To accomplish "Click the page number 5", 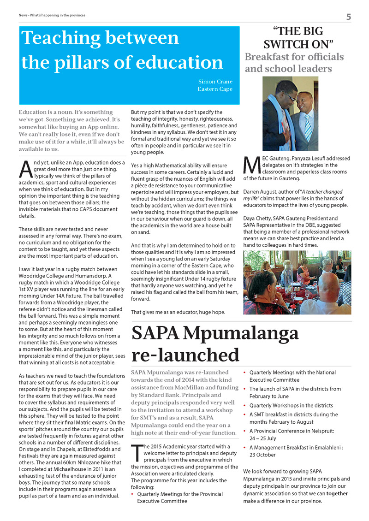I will tap(349, 17).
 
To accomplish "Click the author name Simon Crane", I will tap(215, 81).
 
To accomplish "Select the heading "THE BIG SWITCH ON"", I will tap(298, 38).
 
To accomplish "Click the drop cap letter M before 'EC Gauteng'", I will tap(249, 166).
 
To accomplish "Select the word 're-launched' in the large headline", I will tap(185, 355).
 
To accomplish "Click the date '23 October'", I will tap(263, 455).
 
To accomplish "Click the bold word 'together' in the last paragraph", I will tap(337, 493).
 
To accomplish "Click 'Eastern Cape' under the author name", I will tap(215, 89).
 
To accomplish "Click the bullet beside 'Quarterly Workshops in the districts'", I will tap(245, 406).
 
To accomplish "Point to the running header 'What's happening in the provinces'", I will tap(58, 15).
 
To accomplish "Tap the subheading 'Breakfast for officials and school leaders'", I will tap(294, 63).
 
